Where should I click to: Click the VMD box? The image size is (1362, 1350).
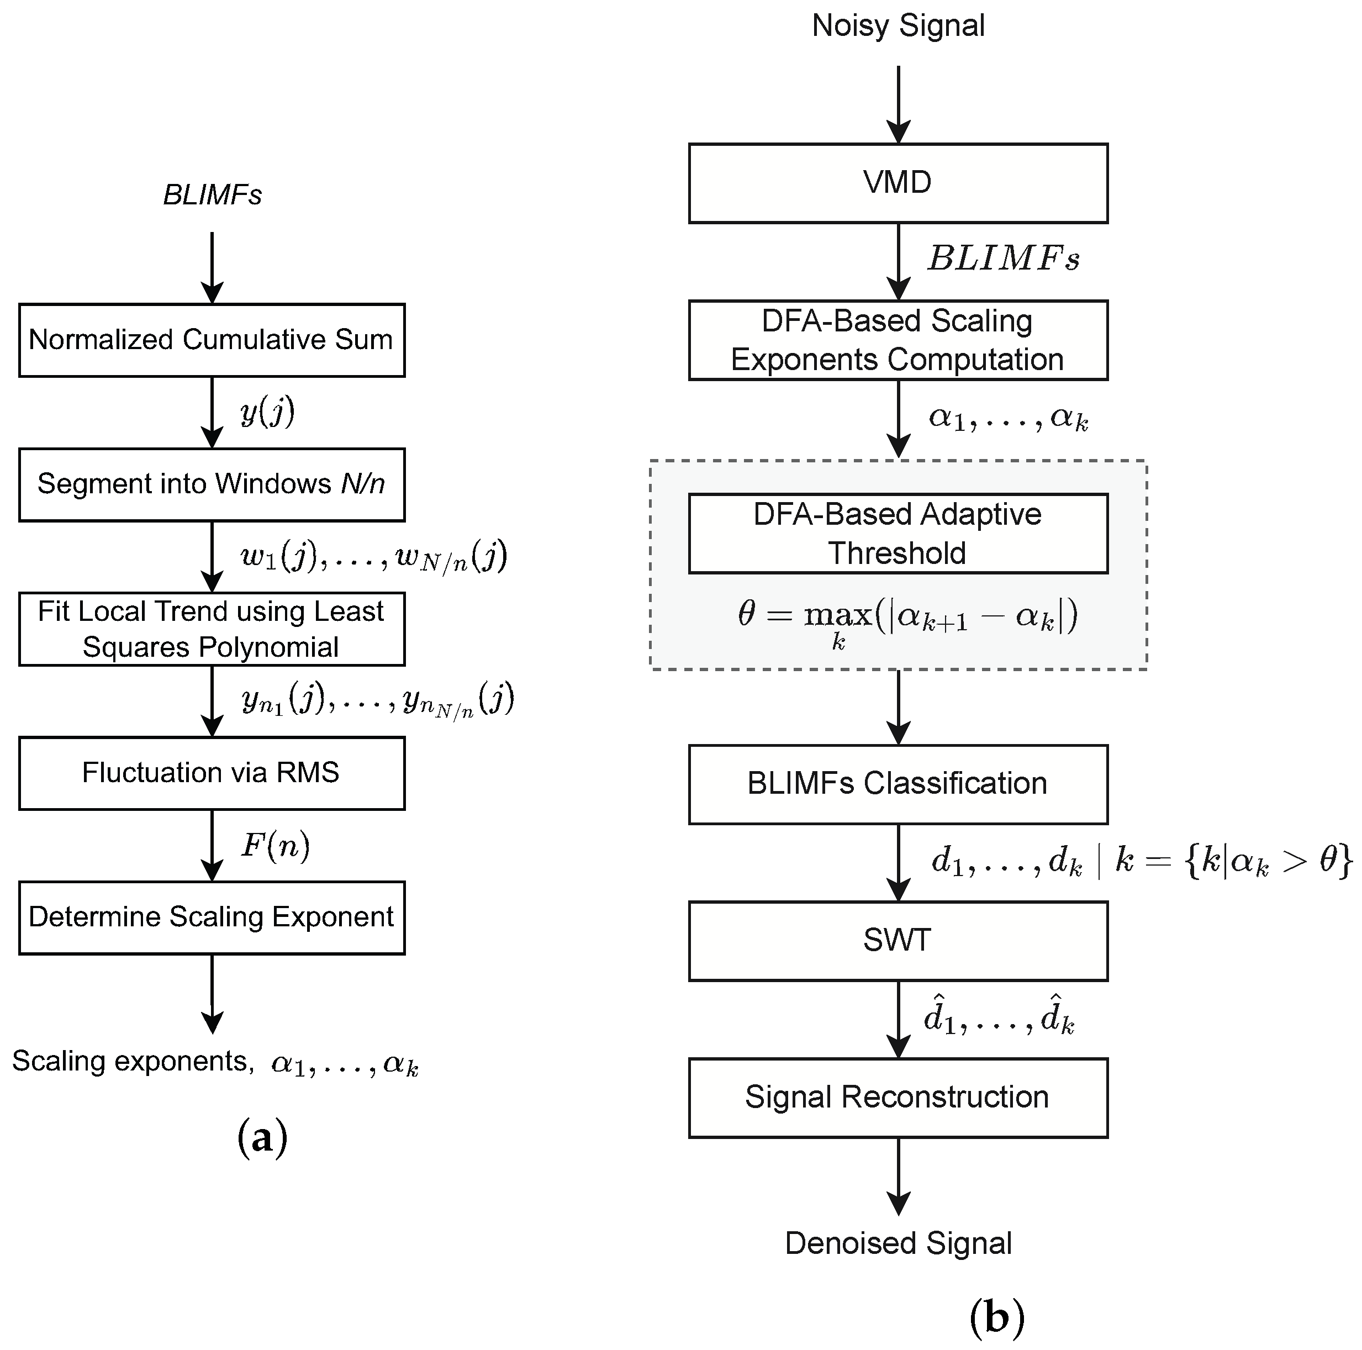(898, 183)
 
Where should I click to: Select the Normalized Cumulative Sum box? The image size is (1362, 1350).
(212, 340)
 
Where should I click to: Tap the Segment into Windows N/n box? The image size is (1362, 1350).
(212, 484)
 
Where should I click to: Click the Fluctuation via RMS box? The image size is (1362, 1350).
(212, 773)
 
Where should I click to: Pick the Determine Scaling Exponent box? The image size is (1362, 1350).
(212, 917)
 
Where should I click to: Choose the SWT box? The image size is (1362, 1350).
(898, 941)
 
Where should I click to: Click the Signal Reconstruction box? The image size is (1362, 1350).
(898, 1098)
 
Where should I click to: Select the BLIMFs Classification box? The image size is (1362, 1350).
(898, 784)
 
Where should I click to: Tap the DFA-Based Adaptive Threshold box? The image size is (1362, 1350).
(898, 534)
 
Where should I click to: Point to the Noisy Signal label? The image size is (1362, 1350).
(898, 26)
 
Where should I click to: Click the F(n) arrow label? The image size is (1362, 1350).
(275, 845)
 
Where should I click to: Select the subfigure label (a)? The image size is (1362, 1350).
(262, 1137)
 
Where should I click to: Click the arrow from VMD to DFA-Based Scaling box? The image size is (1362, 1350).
(898, 261)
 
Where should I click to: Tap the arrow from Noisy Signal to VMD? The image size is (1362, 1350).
(898, 104)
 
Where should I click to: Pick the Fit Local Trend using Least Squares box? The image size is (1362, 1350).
(212, 629)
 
